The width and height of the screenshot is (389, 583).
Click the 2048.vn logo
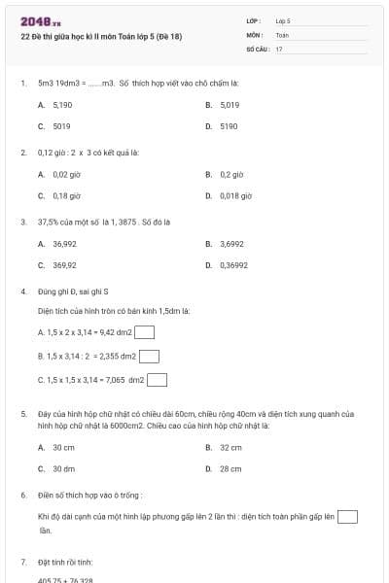(x=41, y=21)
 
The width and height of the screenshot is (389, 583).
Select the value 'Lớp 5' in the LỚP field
(x=283, y=20)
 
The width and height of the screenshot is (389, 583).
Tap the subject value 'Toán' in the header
(x=282, y=34)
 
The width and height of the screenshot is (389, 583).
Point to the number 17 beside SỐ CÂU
(x=279, y=48)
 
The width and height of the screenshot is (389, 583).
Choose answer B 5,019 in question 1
(x=230, y=104)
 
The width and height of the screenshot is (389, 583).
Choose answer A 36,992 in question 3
(x=64, y=243)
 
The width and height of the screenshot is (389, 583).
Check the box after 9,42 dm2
(x=145, y=331)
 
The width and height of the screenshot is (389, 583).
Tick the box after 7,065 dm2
(x=157, y=380)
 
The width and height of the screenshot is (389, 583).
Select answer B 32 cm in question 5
(x=230, y=447)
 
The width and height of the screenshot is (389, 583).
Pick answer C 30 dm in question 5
(x=63, y=468)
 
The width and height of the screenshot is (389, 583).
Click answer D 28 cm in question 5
(x=230, y=468)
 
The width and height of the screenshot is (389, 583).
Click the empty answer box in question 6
(x=347, y=516)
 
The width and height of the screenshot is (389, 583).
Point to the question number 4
(x=22, y=291)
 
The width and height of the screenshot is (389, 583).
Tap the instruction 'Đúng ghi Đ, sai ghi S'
(x=73, y=291)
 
